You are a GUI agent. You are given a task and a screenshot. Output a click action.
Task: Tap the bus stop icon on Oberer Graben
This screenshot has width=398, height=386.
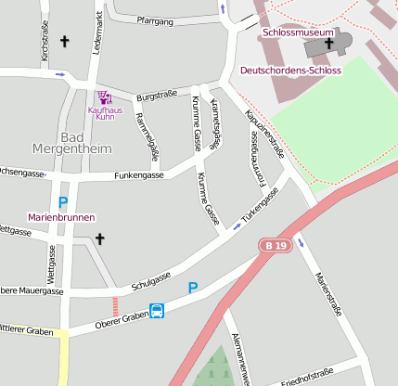tap(158, 312)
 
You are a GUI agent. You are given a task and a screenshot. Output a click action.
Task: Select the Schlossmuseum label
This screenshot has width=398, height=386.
tap(297, 32)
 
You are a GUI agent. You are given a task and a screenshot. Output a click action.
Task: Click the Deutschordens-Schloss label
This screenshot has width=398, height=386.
tap(290, 71)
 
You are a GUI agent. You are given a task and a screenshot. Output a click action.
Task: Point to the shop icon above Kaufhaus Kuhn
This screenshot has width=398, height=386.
tap(104, 96)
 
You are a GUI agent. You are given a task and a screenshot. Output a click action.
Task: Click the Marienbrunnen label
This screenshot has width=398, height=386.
tap(62, 216)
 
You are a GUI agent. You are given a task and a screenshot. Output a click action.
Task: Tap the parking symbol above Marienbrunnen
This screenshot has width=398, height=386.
tap(63, 201)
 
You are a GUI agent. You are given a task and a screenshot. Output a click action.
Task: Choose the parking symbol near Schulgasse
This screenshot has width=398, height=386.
tap(193, 288)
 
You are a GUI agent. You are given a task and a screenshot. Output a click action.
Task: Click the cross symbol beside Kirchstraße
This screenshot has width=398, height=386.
tap(65, 41)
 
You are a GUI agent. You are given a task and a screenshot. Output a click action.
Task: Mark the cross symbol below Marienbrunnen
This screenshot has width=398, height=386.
tap(100, 238)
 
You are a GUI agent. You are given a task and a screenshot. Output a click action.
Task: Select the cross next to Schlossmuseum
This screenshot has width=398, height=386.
tap(328, 43)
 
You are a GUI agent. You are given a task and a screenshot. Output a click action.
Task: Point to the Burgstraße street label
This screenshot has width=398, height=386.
tap(157, 96)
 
